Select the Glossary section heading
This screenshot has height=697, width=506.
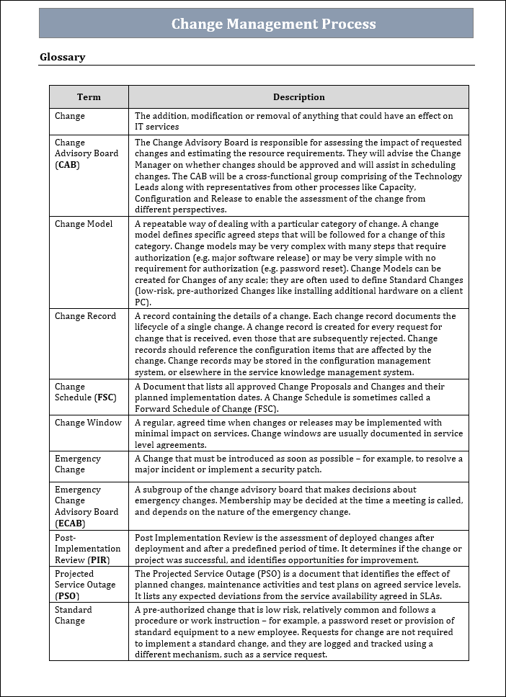click(x=62, y=57)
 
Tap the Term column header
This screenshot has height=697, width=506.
click(x=89, y=97)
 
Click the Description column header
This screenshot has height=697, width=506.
click(x=298, y=97)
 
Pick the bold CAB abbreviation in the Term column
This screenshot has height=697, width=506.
click(x=67, y=165)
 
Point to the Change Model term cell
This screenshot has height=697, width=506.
click(x=84, y=224)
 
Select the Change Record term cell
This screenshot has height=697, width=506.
click(x=85, y=316)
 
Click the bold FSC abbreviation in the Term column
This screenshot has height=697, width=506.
click(x=105, y=397)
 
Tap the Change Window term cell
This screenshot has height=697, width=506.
click(x=88, y=423)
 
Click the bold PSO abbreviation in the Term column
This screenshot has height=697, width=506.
click(x=67, y=596)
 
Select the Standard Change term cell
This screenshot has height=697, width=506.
click(x=74, y=615)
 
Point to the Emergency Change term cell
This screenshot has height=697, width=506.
click(x=78, y=464)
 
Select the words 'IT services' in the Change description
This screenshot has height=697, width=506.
click(x=156, y=127)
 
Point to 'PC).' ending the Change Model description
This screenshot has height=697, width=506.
click(x=143, y=302)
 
